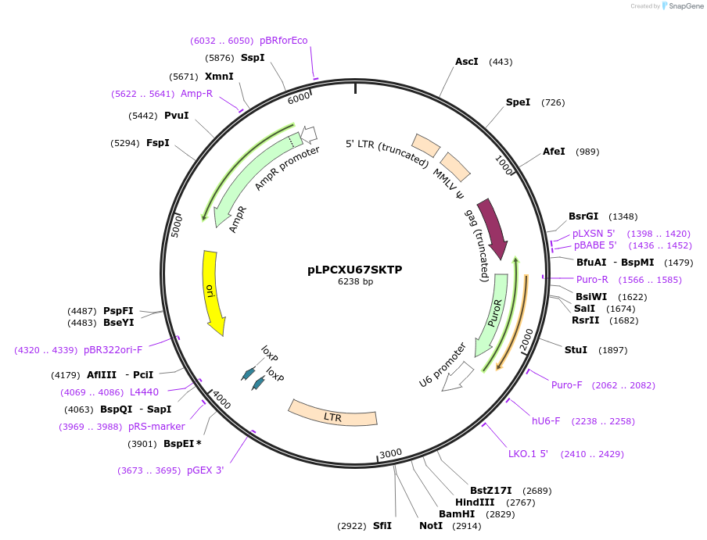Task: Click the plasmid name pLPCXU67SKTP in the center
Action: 355,269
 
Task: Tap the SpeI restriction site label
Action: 518,102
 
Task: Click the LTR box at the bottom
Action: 332,414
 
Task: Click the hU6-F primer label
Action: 546,421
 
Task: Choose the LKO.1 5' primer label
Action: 528,454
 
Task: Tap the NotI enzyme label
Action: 431,526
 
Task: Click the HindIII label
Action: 475,502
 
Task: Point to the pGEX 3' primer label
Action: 205,470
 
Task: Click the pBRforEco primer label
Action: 283,40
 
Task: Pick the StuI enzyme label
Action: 576,349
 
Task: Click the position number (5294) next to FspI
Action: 125,143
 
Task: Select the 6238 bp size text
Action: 355,281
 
